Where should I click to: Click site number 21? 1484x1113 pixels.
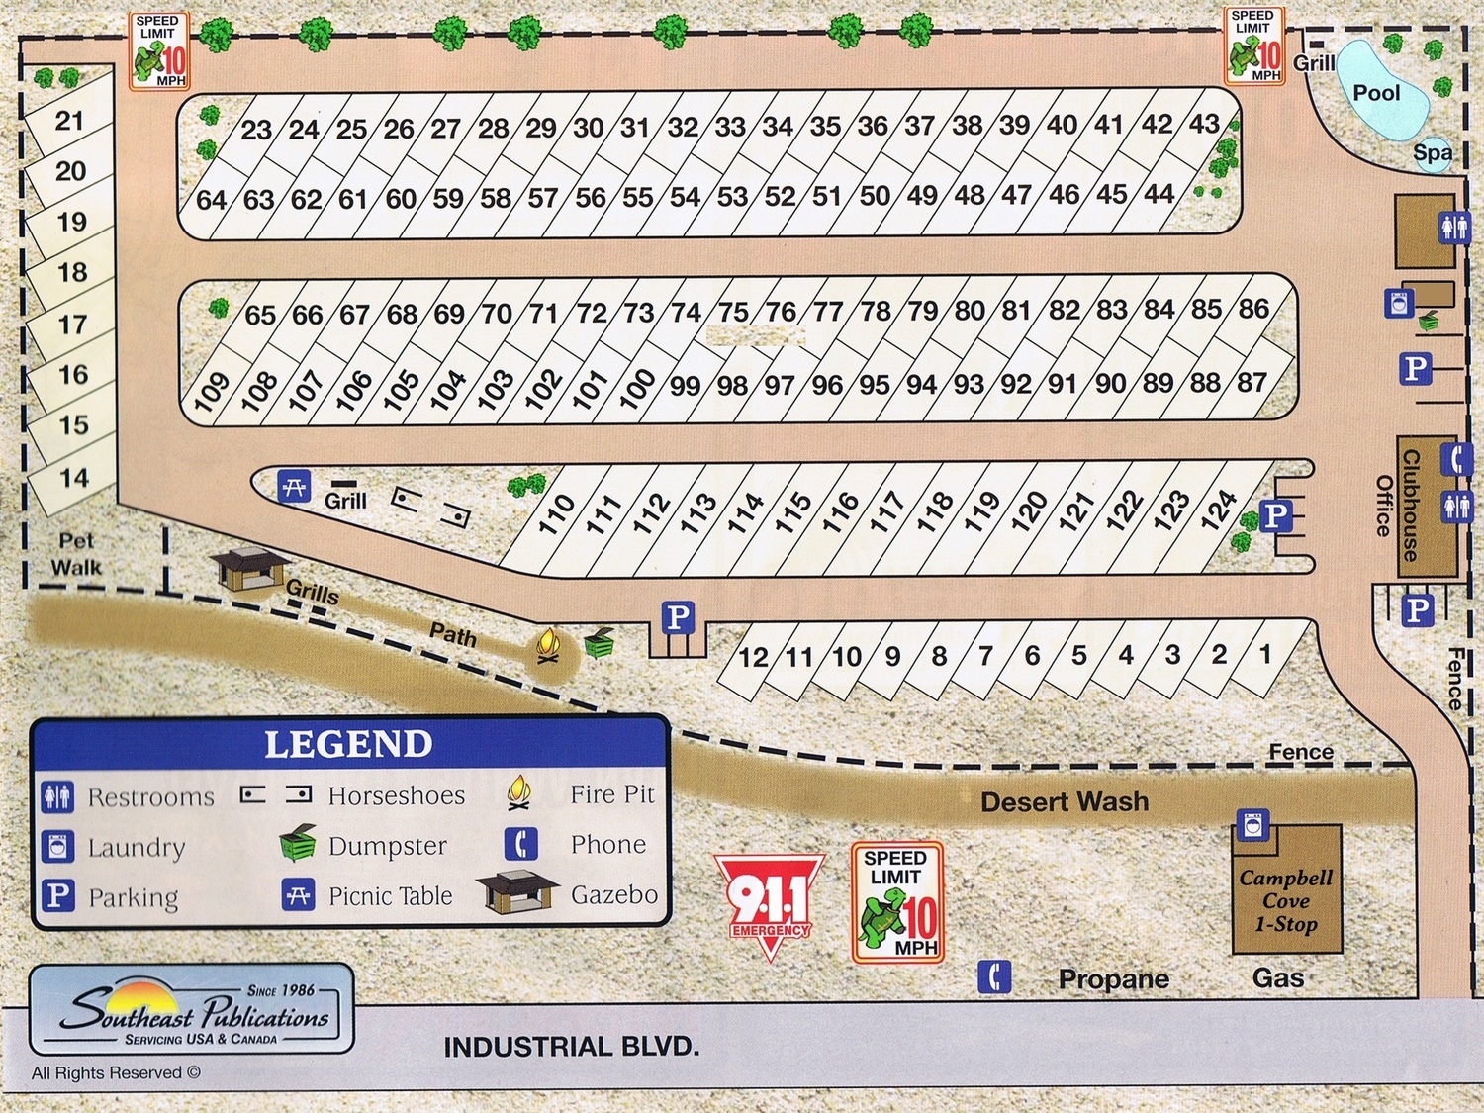pos(69,121)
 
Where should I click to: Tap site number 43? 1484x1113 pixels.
pos(1204,124)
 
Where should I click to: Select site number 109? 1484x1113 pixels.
pos(212,391)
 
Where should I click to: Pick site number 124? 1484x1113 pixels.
pos(1219,510)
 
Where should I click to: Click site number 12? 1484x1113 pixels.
pos(754,657)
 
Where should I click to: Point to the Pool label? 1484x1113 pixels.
pos(1376,93)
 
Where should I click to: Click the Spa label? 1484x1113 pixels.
pos(1432,152)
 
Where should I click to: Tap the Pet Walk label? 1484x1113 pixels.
pos(76,554)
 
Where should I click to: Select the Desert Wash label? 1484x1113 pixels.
pos(1065,801)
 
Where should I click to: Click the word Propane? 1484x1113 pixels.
pos(1113,978)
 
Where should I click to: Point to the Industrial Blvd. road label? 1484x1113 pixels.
pos(571,1047)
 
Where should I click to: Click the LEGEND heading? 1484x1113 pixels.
pos(348,744)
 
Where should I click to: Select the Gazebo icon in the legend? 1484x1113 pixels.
pos(517,892)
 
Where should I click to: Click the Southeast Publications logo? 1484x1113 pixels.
pos(192,1009)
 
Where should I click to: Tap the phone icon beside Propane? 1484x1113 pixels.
pos(994,976)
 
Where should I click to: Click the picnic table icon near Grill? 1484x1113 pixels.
pos(294,487)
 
